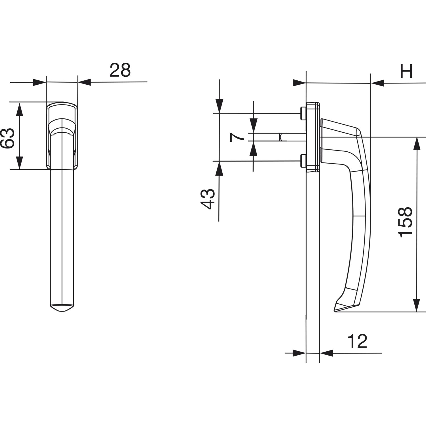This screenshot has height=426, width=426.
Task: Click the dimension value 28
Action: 120,70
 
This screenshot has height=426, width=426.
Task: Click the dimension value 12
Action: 357,341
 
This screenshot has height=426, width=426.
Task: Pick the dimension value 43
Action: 207,199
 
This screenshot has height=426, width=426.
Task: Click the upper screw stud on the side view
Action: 303,113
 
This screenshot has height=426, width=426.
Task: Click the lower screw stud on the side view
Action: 303,161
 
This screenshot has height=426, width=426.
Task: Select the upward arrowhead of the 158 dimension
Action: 416,143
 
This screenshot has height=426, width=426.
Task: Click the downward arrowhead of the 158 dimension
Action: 416,305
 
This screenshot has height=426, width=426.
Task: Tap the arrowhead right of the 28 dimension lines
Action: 84,82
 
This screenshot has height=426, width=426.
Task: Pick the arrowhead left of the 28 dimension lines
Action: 39,82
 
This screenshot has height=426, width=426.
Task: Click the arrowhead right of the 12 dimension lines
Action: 326,353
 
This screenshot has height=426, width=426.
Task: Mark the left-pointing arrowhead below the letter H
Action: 377,83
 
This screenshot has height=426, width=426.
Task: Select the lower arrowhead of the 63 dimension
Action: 19,163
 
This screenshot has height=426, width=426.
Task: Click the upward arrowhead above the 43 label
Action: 219,168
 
